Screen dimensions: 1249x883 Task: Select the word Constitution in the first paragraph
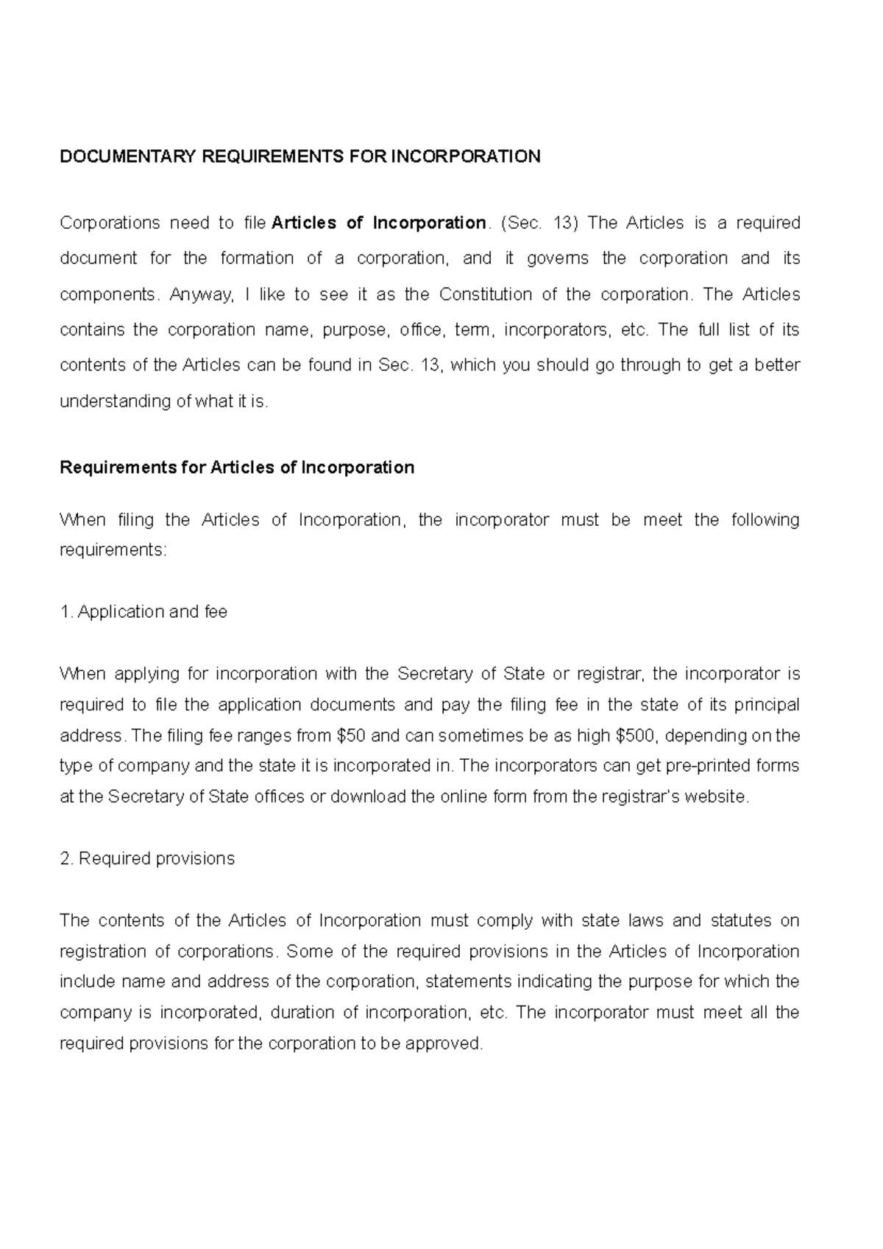coord(485,294)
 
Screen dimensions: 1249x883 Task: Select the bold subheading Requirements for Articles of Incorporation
coord(236,468)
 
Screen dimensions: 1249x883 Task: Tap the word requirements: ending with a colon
coord(113,550)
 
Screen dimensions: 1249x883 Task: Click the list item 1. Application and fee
coord(143,612)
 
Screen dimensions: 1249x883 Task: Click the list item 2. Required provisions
coord(147,858)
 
